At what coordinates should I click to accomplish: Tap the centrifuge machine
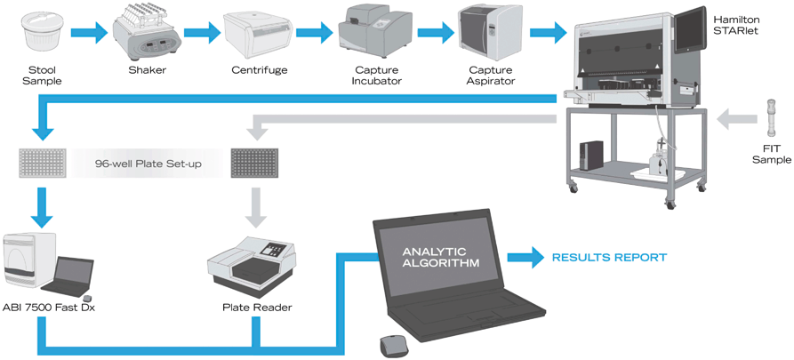[258, 34]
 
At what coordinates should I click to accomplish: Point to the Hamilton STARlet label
[748, 20]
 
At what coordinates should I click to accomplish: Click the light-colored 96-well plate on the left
[42, 163]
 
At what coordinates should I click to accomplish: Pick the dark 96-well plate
[255, 163]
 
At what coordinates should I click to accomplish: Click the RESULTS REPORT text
[609, 258]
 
